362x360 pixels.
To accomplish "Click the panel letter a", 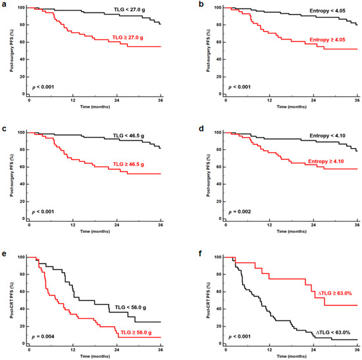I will pos(4,4).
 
